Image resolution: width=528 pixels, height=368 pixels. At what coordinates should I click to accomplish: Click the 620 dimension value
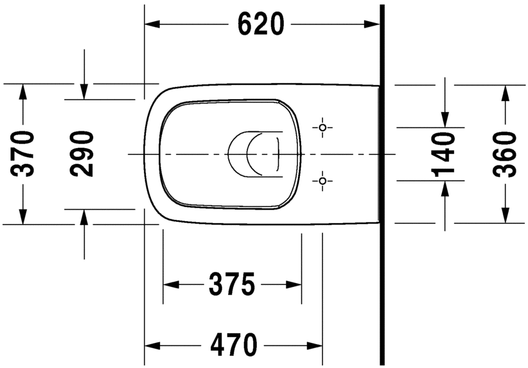260,24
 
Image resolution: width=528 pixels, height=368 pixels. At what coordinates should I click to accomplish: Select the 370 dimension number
24,154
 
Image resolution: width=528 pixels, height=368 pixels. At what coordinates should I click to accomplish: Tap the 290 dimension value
82,154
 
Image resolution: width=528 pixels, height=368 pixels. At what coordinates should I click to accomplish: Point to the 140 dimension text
443,154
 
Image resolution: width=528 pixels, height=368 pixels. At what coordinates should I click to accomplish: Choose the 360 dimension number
505,154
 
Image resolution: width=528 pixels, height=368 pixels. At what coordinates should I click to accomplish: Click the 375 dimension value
232,284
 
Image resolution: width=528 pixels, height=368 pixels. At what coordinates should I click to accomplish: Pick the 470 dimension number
233,344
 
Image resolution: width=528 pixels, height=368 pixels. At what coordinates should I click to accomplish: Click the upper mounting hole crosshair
322,127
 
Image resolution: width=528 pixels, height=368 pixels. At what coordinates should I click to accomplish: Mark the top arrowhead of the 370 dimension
24,91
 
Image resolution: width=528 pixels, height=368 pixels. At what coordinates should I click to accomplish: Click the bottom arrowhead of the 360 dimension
505,216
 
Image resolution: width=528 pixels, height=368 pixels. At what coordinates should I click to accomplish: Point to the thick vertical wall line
382,193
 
